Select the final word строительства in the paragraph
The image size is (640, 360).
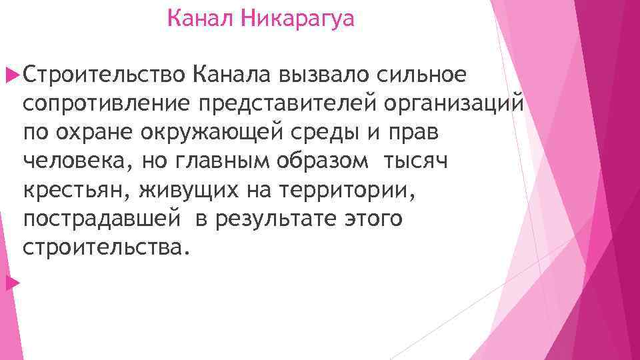101,247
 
